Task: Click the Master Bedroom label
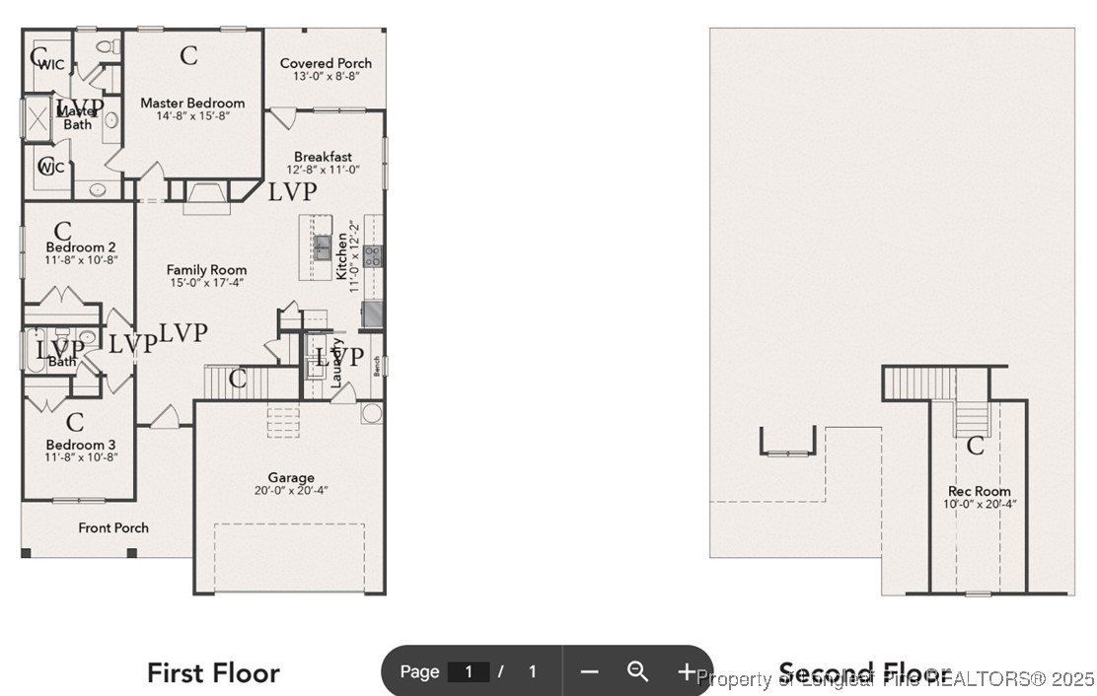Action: click(x=192, y=103)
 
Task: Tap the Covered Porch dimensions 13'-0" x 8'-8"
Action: click(x=326, y=77)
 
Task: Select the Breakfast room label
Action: click(x=323, y=157)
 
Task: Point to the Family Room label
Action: click(x=206, y=269)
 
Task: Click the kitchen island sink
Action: click(x=323, y=246)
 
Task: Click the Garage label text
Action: click(x=291, y=477)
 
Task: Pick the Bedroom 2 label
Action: click(x=81, y=246)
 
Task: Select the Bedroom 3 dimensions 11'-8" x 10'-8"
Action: click(x=81, y=456)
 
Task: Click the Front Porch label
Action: click(x=113, y=527)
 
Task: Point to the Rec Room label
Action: click(x=979, y=491)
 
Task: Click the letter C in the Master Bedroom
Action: click(x=188, y=55)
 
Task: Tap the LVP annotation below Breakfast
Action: click(x=293, y=191)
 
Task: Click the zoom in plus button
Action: click(x=687, y=671)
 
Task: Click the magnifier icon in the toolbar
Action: click(x=638, y=671)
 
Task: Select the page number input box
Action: click(x=469, y=671)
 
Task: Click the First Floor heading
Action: click(x=213, y=673)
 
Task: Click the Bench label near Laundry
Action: click(x=377, y=366)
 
